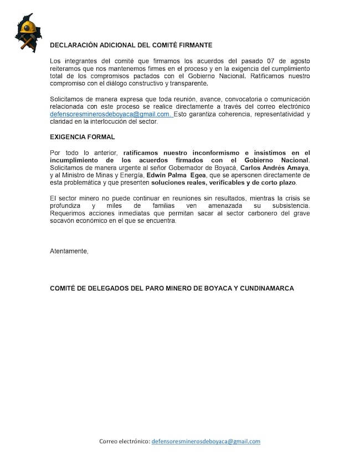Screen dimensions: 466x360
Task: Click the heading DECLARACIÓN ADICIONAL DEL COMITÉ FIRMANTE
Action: click(x=131, y=45)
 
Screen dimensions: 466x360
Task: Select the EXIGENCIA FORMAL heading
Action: click(x=83, y=136)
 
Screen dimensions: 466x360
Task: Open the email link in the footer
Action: click(x=205, y=442)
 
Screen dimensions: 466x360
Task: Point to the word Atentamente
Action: click(x=69, y=251)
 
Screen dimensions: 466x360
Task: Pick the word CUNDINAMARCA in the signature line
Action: click(x=267, y=288)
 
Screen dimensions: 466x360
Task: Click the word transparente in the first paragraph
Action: click(x=186, y=83)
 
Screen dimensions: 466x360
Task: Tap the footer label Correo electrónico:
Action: click(x=125, y=442)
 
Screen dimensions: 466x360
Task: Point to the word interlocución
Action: click(x=114, y=121)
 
